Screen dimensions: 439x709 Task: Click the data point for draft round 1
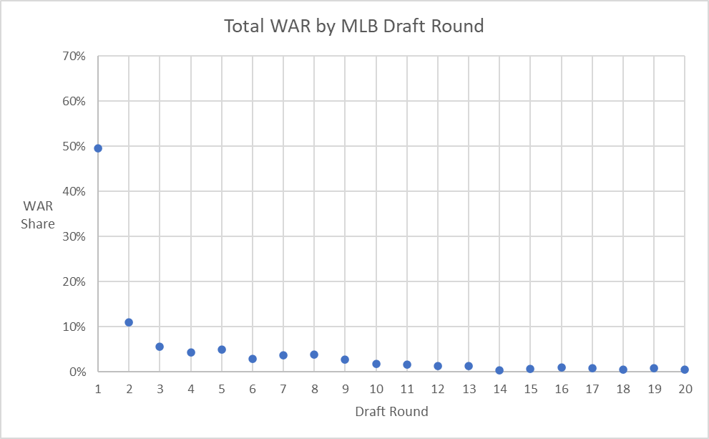(98, 148)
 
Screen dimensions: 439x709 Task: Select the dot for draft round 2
(129, 322)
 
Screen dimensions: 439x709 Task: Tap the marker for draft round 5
(222, 349)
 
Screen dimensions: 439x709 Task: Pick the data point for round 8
(314, 354)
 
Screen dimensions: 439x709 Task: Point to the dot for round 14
(499, 370)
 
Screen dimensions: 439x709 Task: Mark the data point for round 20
(685, 370)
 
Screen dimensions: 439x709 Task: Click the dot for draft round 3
(160, 347)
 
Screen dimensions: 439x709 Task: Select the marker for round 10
(376, 364)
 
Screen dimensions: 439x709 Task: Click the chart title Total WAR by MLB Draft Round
(354, 26)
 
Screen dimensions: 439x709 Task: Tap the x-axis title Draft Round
(391, 412)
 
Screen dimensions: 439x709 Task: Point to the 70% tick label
(74, 57)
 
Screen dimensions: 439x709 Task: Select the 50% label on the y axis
(74, 147)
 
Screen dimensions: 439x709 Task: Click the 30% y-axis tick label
(74, 237)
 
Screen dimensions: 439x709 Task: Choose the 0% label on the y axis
(77, 372)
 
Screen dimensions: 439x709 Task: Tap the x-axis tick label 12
(438, 387)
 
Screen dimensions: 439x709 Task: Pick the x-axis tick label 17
(592, 387)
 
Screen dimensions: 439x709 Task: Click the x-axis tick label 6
(253, 387)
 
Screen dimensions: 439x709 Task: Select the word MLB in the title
(373, 26)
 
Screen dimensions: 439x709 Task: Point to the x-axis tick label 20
(685, 387)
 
